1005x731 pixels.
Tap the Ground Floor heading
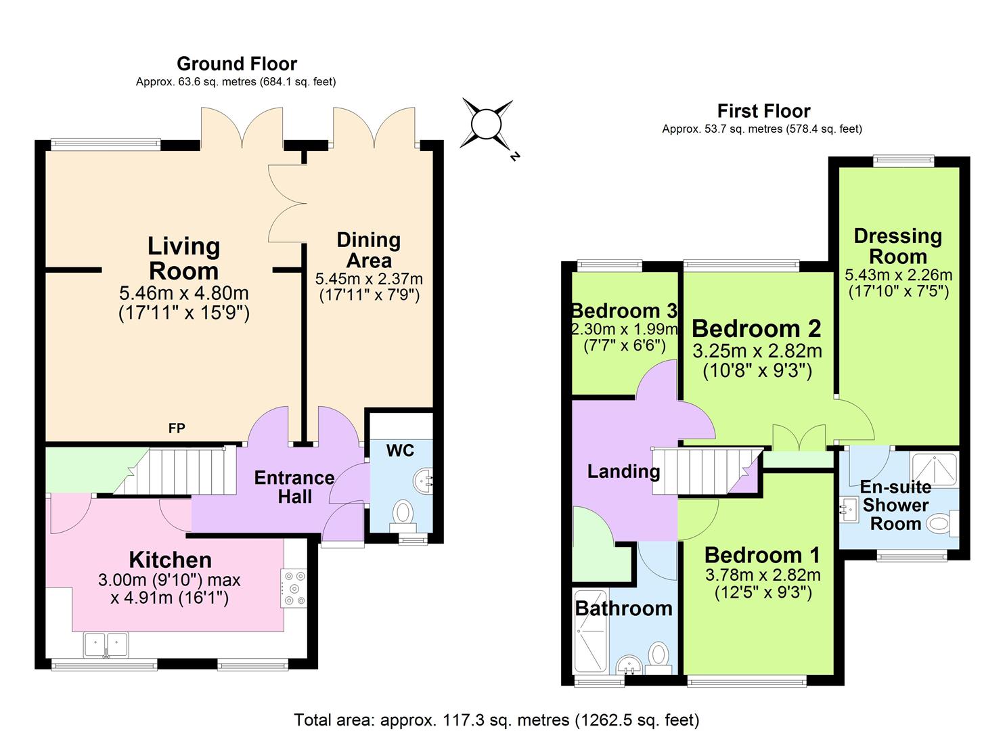237,64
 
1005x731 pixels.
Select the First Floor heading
763,110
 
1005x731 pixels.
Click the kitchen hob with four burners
294,587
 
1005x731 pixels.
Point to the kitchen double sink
106,644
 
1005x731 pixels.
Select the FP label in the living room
177,428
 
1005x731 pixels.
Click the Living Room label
183,259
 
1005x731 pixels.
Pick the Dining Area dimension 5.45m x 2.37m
369,278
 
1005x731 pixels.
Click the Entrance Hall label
294,487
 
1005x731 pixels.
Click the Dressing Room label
897,246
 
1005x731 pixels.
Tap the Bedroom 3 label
624,311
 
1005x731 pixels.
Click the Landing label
623,471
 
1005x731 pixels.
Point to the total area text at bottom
496,719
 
